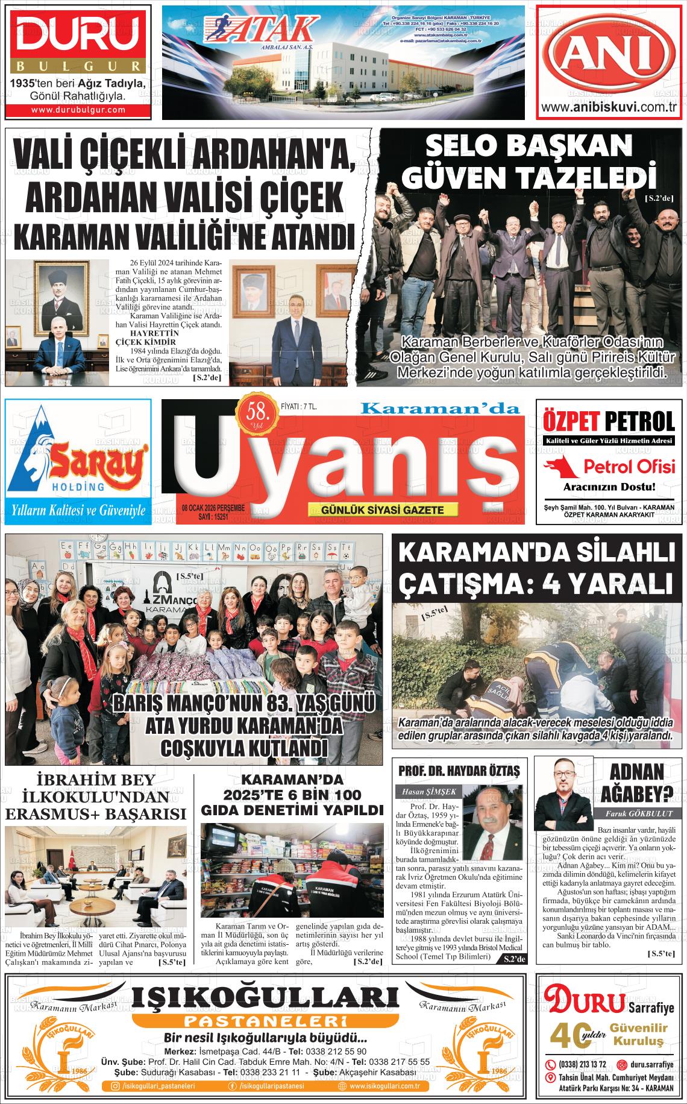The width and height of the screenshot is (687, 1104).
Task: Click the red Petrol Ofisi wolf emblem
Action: pyautogui.click(x=560, y=466)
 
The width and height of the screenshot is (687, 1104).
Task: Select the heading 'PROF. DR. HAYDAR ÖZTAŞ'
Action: pyautogui.click(x=459, y=771)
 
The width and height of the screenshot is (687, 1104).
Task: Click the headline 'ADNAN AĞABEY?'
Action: pyautogui.click(x=636, y=782)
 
